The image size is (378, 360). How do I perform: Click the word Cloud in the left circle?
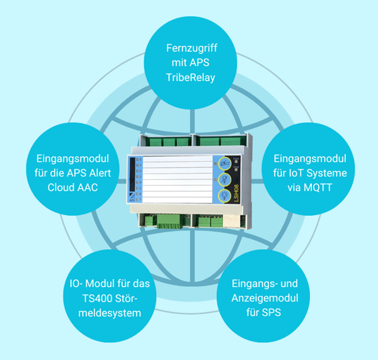coord(64,187)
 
